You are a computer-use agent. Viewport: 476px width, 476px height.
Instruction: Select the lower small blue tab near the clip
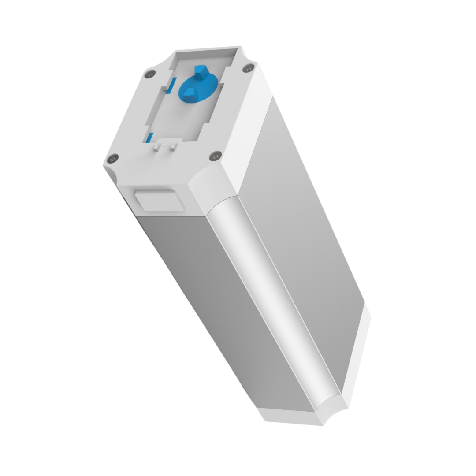(151, 137)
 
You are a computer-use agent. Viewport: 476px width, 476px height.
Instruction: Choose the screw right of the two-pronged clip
(215, 155)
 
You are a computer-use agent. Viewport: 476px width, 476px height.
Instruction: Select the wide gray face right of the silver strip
(309, 229)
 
